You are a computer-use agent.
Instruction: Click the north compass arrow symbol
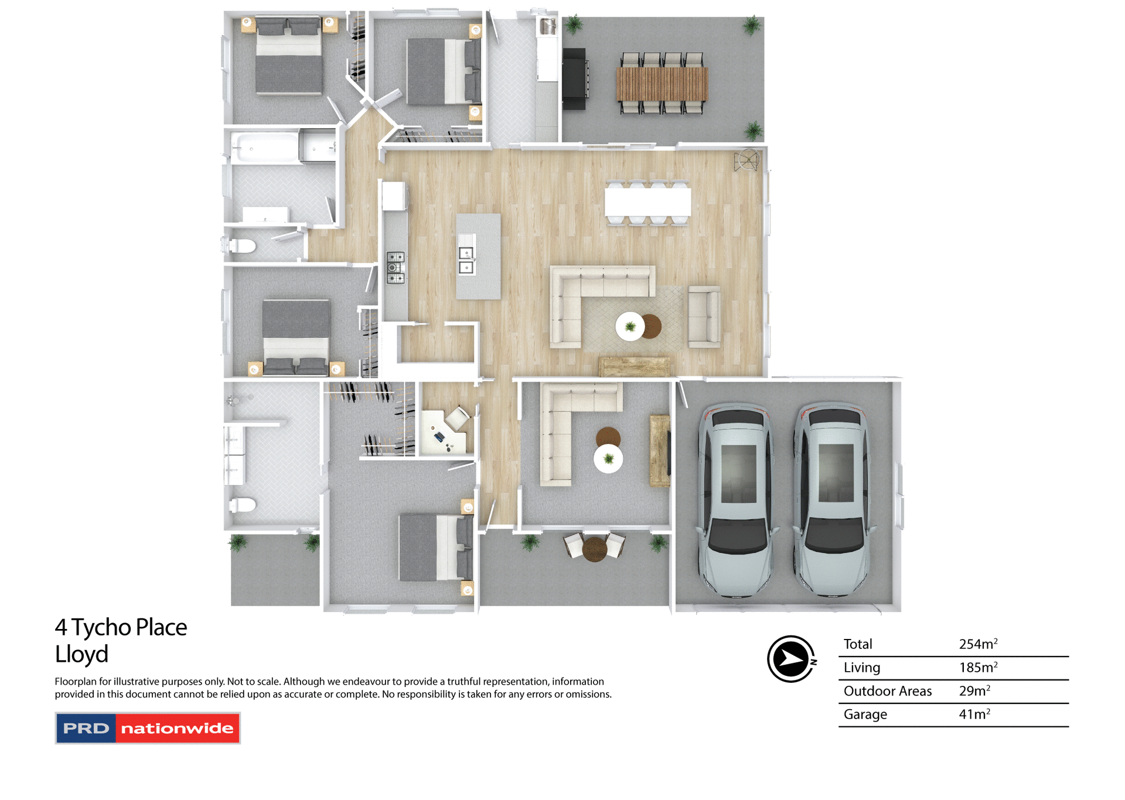coord(790,659)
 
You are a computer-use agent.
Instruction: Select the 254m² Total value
coord(977,644)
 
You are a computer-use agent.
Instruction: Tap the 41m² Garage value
coord(974,714)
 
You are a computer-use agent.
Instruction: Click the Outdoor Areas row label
coord(887,691)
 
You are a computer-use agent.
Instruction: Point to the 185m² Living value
coord(977,668)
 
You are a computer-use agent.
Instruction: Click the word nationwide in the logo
coord(177,729)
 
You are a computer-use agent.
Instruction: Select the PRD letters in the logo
coord(86,729)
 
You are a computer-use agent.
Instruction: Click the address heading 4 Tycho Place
coord(121,627)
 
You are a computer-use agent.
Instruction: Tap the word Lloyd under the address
coord(81,654)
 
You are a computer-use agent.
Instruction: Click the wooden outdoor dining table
coord(662,84)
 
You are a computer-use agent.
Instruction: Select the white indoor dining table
coord(647,202)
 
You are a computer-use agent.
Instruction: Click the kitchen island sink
coord(466,260)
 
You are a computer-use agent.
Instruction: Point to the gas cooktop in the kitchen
coord(396,267)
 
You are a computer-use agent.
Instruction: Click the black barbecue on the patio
coord(575,78)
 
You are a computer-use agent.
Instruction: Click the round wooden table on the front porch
coord(594,549)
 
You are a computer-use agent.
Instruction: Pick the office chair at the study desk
coord(456,418)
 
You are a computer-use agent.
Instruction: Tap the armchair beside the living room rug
coord(704,316)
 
